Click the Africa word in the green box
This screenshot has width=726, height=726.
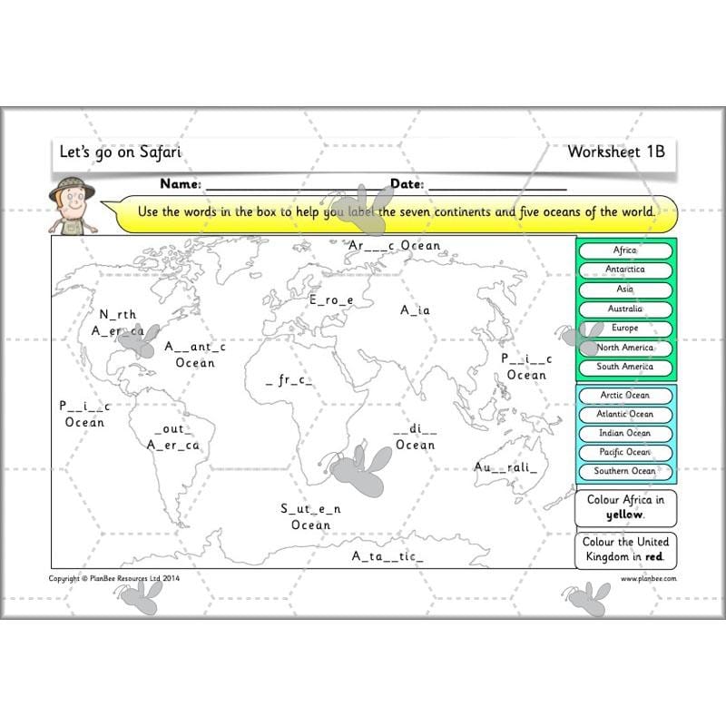tap(624, 250)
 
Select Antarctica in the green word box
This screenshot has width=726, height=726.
tap(624, 270)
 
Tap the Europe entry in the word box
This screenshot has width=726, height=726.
tap(624, 329)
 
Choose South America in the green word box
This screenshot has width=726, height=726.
tap(624, 368)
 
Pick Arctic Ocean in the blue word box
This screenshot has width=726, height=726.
tap(624, 396)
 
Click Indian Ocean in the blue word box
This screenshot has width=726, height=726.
tap(624, 434)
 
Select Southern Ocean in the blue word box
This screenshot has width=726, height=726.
tap(624, 472)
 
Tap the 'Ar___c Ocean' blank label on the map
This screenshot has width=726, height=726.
tap(394, 246)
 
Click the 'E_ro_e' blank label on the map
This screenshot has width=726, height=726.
tap(331, 299)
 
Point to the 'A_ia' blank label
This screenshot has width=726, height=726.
tap(416, 310)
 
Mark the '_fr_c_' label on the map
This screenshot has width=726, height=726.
tap(289, 381)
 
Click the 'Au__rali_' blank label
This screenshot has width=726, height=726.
tap(505, 467)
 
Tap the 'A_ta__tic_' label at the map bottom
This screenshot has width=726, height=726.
tap(388, 556)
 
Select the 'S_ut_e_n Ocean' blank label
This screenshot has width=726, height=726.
tap(310, 516)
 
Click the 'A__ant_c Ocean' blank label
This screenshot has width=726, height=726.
tap(195, 355)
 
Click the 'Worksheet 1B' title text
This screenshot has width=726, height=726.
tap(615, 152)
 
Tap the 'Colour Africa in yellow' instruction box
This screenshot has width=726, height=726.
tap(625, 507)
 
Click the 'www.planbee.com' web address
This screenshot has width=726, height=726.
tap(648, 578)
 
